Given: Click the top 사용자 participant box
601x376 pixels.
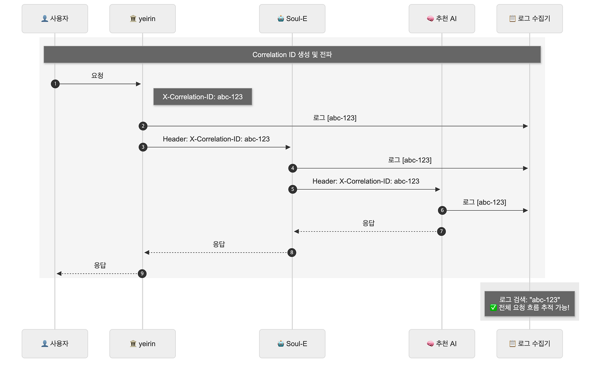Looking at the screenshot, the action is click(x=55, y=18).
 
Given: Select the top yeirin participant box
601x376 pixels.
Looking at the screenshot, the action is click(x=142, y=18).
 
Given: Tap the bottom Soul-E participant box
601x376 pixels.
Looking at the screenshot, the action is click(x=292, y=344).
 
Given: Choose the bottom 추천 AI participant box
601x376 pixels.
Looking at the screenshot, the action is click(x=442, y=344).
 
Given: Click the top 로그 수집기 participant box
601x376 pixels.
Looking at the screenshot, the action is click(x=530, y=18).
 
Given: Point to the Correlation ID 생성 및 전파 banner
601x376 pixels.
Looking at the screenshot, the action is click(x=292, y=55).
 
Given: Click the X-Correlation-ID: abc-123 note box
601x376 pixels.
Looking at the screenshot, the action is click(x=202, y=97).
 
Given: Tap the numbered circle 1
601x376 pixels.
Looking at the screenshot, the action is click(x=55, y=84).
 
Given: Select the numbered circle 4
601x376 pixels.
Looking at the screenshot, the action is click(x=293, y=168).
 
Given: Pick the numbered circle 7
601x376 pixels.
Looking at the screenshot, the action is click(x=441, y=231).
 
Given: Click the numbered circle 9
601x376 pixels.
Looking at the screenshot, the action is click(x=142, y=273).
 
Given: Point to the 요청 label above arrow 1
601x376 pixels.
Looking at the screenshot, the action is click(x=97, y=76).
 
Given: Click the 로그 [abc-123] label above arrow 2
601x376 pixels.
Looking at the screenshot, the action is click(x=335, y=118).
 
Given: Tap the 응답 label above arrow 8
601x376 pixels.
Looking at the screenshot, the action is click(x=219, y=244).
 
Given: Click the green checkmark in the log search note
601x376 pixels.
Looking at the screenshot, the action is click(x=493, y=308).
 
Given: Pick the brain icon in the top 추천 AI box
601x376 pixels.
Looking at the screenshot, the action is click(x=430, y=18).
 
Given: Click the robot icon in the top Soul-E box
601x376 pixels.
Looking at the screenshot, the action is click(x=281, y=18).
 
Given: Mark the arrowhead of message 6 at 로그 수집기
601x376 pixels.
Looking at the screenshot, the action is click(x=525, y=210).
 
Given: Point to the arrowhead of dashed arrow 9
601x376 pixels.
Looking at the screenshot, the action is click(x=59, y=273).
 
